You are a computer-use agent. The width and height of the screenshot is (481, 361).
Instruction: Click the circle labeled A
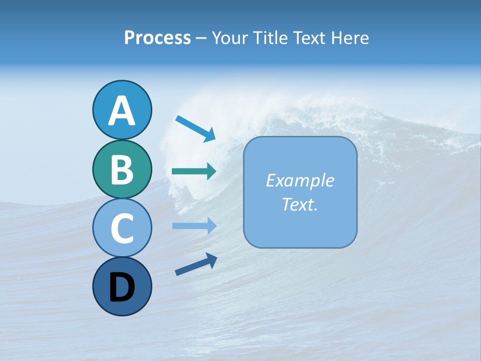[122, 110]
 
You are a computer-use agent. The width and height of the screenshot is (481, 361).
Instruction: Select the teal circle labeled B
[122, 169]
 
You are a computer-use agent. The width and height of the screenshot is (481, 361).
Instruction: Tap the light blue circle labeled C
[122, 228]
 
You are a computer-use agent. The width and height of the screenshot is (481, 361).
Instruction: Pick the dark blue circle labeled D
[122, 286]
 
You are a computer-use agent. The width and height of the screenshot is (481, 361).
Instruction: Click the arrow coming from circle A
[195, 128]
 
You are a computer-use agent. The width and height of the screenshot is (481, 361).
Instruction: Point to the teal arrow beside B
[194, 171]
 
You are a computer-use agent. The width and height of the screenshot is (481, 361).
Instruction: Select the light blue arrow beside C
[194, 226]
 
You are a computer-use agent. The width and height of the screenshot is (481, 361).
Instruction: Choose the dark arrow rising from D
[196, 264]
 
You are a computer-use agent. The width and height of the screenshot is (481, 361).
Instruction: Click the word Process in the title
[157, 38]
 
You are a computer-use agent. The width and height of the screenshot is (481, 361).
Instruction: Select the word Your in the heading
[228, 38]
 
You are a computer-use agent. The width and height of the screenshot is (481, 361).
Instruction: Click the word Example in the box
[300, 180]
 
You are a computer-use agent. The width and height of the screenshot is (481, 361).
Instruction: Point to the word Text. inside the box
[300, 204]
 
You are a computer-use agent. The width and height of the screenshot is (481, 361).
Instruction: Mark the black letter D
[122, 287]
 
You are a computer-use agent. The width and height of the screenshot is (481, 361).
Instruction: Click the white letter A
[122, 111]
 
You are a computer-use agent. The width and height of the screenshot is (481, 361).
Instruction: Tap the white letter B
[122, 169]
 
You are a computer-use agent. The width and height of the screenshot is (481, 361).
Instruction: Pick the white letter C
[122, 228]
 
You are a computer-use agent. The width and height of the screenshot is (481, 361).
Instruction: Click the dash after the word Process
[201, 39]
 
